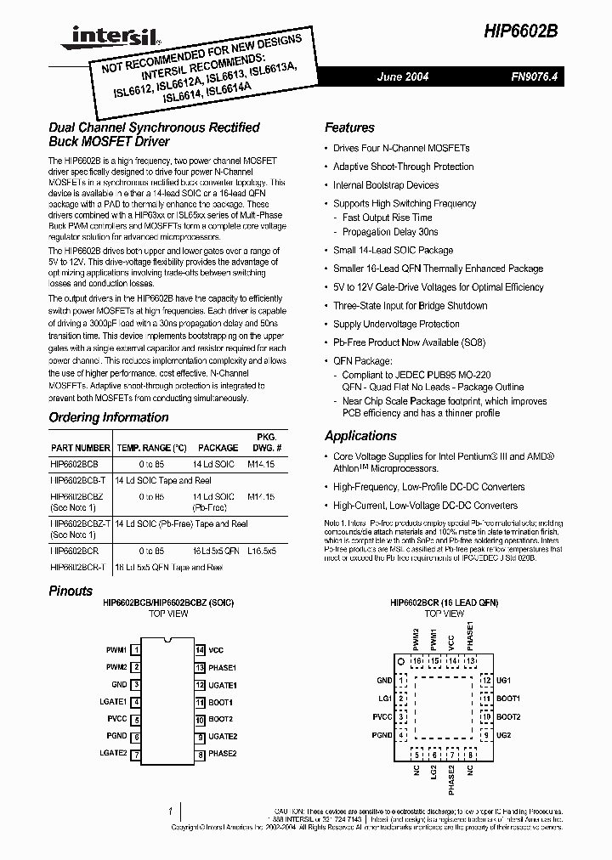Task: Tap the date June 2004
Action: click(403, 76)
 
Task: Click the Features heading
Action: click(349, 127)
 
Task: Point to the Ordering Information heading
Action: click(108, 417)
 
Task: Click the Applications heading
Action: click(360, 435)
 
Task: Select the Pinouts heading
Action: click(71, 591)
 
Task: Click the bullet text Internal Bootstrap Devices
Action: click(386, 185)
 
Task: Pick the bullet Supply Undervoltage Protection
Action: click(396, 324)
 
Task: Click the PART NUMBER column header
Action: click(80, 447)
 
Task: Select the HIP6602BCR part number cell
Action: click(75, 551)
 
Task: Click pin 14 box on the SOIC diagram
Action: click(200, 650)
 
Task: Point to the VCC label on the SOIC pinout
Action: click(217, 650)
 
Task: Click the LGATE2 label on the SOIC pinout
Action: click(113, 754)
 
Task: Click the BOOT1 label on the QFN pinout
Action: click(508, 699)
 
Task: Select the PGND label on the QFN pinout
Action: click(382, 734)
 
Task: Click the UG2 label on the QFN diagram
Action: click(503, 734)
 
